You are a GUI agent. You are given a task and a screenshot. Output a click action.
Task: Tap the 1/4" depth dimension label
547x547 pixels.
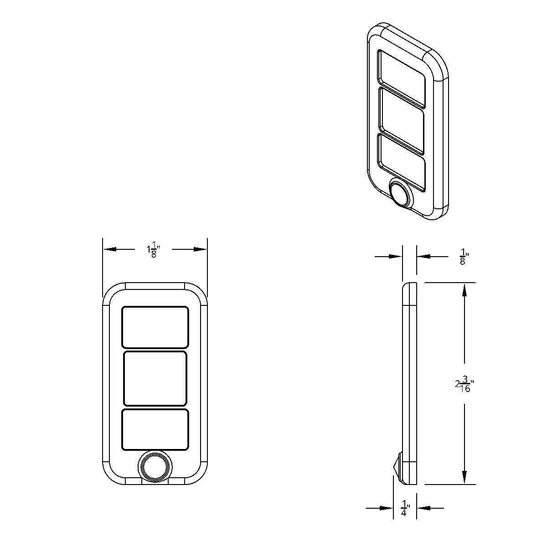pos(405,508)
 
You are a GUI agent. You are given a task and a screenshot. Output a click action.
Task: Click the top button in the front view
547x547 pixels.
pos(155,327)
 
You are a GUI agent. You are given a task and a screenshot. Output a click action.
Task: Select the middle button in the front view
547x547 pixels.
pos(155,378)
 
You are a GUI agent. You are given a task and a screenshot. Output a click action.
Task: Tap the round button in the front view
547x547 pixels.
pos(155,466)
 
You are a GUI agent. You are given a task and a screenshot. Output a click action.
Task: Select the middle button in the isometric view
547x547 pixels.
pos(401,120)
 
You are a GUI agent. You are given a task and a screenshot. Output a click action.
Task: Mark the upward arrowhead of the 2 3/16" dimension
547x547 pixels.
pos(464,290)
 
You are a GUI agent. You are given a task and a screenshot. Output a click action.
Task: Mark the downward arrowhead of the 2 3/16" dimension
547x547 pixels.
pos(464,477)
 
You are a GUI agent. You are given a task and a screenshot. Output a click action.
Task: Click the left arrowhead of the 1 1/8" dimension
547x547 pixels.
pos(110,249)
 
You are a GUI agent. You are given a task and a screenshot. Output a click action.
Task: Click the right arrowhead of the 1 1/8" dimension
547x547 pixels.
pos(200,249)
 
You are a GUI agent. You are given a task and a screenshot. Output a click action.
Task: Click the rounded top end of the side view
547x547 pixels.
pos(409,286)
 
